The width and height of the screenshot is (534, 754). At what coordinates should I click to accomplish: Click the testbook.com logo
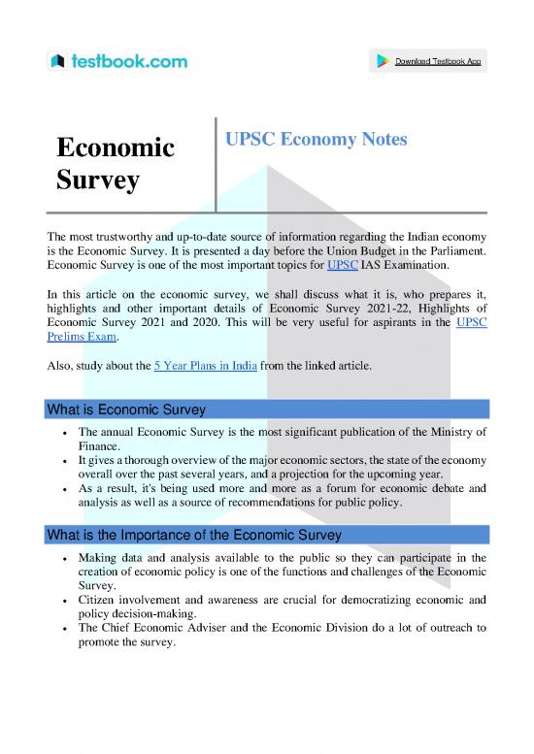click(118, 62)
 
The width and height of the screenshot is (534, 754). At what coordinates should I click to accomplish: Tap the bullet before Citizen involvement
click(64, 601)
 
